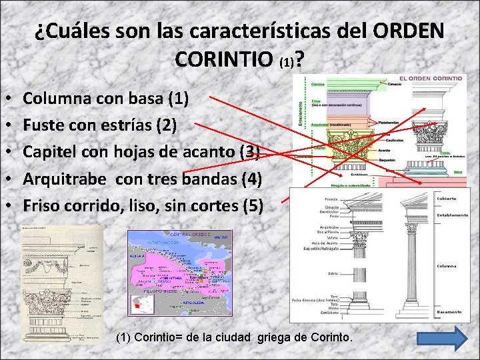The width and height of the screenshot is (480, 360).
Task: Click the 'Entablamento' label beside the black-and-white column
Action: pyautogui.click(x=451, y=215)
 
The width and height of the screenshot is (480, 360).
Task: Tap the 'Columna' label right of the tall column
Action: pyautogui.click(x=447, y=265)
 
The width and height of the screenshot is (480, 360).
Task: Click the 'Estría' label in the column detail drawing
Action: pyautogui.click(x=331, y=273)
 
